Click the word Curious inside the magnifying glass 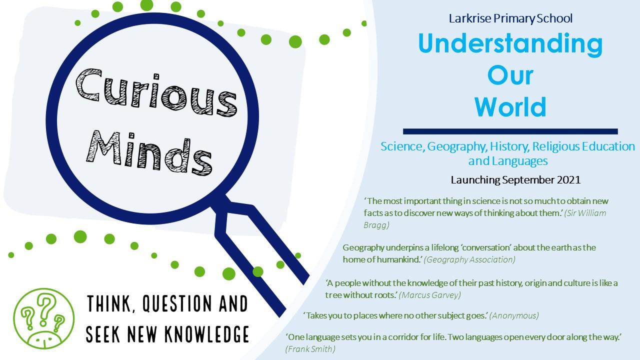pos(156,92)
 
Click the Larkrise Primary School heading pos(510,18)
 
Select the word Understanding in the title pos(510,43)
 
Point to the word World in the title pos(510,106)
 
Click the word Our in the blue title pos(510,75)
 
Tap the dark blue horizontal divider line pos(510,131)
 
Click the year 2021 pos(568,180)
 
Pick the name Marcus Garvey pos(430,295)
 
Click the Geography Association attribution pos(469,259)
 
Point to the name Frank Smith pos(310,349)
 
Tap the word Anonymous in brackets pos(514,315)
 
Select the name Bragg pos(376,225)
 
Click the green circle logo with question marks pos(43,318)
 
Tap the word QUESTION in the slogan pos(177,303)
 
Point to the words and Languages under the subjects pos(508,161)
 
